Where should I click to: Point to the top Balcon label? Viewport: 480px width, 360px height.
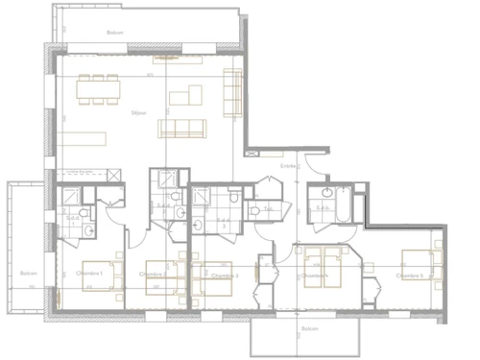(x=114, y=33)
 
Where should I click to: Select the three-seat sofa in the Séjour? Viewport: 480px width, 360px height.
(x=182, y=129)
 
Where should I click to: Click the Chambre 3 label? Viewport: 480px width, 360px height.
(x=223, y=276)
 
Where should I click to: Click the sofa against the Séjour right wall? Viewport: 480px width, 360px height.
(x=232, y=90)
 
